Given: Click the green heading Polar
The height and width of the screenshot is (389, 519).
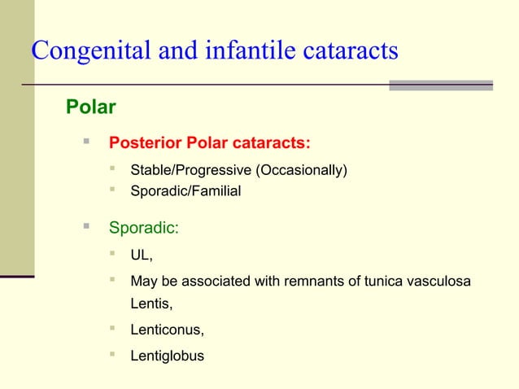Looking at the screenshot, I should (90, 107).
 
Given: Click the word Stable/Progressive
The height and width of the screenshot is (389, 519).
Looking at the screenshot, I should (191, 170).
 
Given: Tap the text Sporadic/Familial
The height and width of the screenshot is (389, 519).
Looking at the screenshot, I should (185, 191).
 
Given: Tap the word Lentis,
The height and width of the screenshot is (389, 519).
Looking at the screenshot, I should (152, 305).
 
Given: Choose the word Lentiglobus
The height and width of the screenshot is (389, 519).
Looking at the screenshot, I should (168, 356).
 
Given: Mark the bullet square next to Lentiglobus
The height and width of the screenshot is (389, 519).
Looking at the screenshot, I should (114, 355).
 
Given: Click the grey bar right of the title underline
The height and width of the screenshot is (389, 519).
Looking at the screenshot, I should (441, 85).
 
